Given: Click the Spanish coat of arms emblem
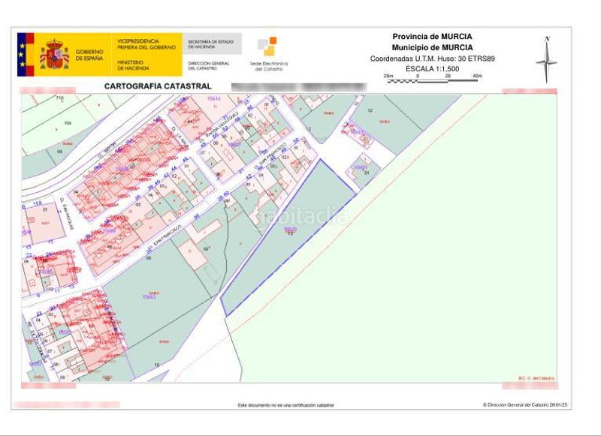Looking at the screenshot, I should [54, 55].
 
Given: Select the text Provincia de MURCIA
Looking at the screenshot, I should [432, 36].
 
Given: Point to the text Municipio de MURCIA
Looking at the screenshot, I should [432, 47].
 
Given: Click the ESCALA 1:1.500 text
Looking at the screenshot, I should [432, 68].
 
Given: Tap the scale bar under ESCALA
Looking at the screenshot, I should [433, 80].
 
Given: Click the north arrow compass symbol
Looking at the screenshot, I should [547, 59].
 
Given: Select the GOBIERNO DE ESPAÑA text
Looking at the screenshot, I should [89, 55].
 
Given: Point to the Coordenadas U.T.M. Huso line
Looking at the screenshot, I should [432, 58].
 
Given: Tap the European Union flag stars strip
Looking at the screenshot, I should [22, 55].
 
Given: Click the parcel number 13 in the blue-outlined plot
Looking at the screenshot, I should [290, 233].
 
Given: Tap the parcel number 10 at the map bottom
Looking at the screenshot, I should [156, 365].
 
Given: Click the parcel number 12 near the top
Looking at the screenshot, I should [370, 110].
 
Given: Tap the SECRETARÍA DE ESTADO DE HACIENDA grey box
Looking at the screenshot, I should [211, 44].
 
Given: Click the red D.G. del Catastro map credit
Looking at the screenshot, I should [536, 377].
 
